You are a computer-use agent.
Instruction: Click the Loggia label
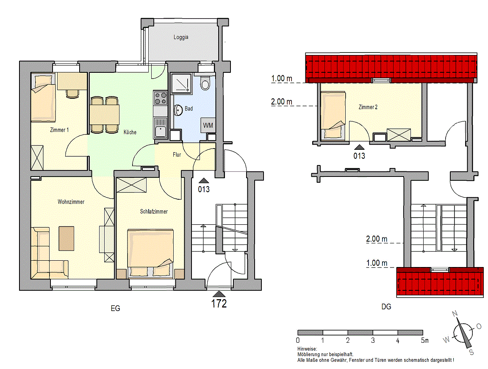coord(181,37)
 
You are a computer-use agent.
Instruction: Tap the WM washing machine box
coord(208,125)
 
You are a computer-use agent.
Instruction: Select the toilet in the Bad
coord(205,83)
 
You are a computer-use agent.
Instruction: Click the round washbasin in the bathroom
coord(178,110)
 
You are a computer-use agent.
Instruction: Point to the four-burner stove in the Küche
coord(161,98)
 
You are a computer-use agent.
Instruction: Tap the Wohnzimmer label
coord(71,202)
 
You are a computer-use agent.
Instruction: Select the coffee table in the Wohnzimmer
coord(66,238)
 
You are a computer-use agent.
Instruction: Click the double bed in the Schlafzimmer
coord(150,253)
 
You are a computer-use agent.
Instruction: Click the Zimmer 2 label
coord(368,107)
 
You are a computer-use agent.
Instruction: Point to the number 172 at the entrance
coord(219,303)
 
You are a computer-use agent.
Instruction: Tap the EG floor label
coord(116,308)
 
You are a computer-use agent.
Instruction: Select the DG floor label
coord(386,307)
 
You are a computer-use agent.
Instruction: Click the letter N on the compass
coord(455,314)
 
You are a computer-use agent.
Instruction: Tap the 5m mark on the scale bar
coord(425,341)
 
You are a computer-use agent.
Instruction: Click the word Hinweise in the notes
coord(307,349)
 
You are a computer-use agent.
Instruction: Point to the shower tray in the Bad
coord(181,83)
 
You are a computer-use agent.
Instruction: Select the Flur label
coord(177,154)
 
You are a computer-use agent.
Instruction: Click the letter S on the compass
coord(471,352)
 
